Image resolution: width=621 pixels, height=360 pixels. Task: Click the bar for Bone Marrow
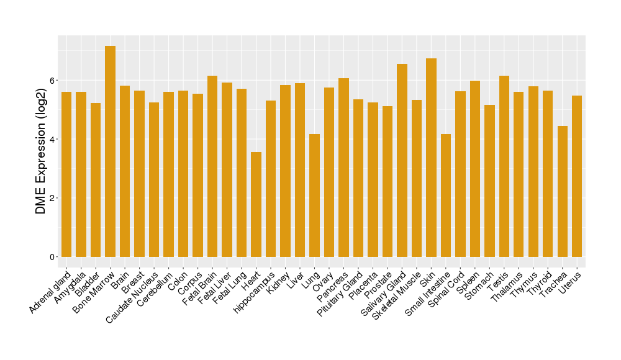click(110, 151)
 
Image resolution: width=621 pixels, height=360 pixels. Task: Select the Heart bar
click(256, 204)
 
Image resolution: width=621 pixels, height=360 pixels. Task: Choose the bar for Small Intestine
click(446, 196)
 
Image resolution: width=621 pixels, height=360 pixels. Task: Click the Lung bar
click(314, 196)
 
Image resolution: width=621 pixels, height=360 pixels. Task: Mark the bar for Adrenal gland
click(66, 174)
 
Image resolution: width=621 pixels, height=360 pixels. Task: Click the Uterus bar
click(577, 176)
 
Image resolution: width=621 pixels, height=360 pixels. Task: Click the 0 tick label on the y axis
click(53, 257)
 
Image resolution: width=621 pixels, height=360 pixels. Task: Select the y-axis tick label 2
click(53, 198)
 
